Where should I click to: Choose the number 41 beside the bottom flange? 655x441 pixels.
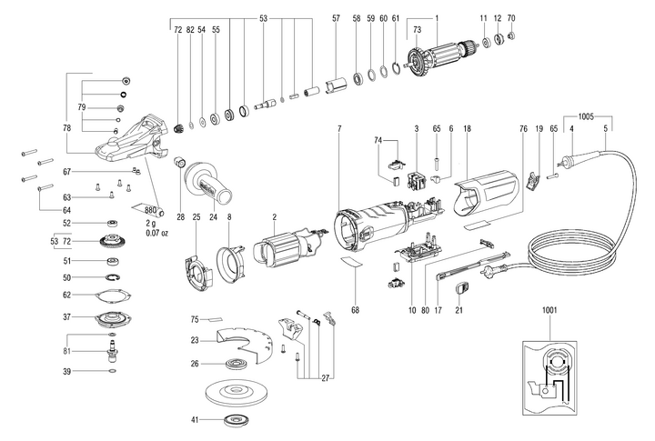point(194,421)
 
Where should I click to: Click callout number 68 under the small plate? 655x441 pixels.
point(355,311)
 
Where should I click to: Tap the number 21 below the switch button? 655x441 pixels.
point(459,311)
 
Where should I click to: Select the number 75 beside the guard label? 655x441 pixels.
point(194,319)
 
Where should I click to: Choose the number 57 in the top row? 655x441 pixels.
point(336,18)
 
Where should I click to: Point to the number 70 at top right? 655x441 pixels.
point(511,18)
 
